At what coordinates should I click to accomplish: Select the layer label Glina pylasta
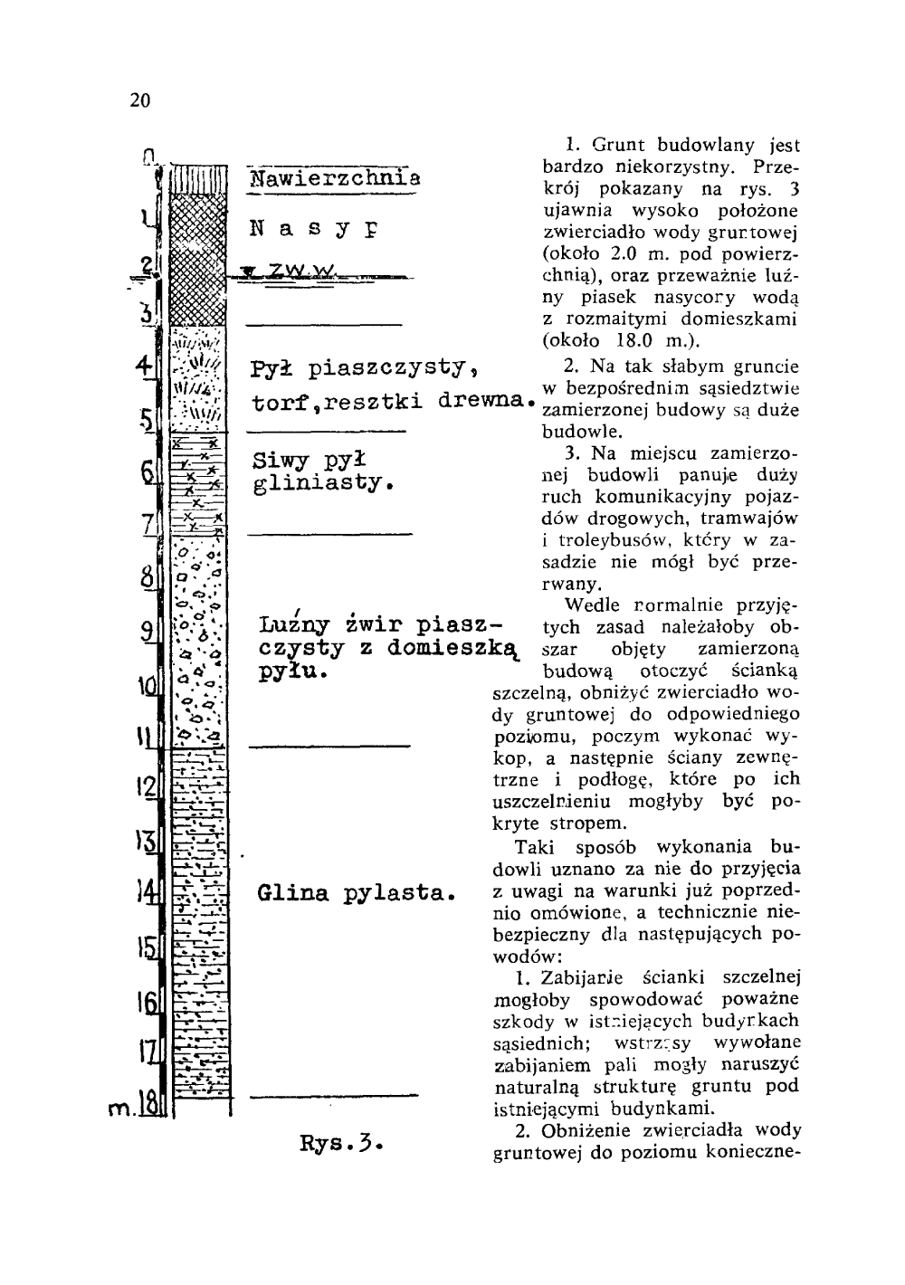354,895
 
